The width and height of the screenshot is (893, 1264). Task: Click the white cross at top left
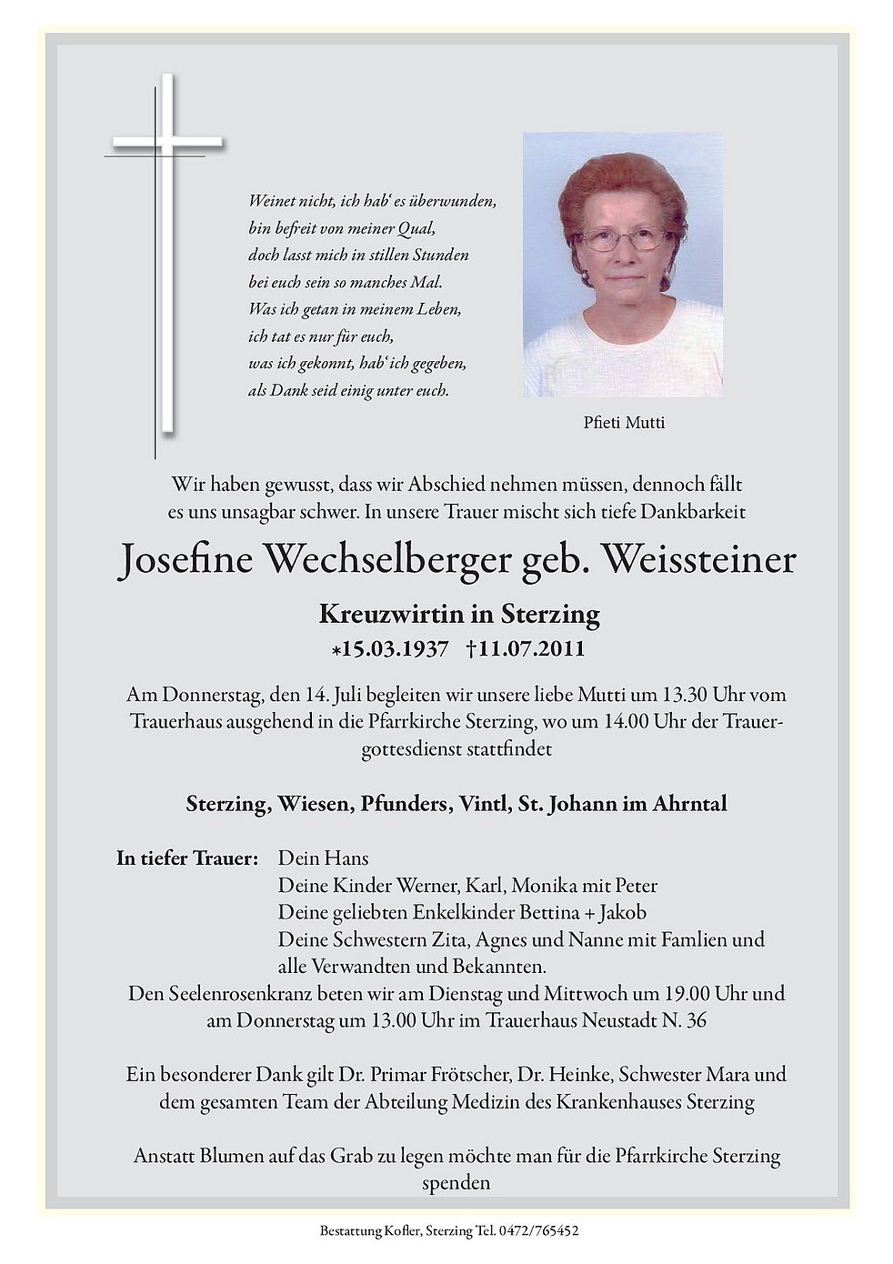[167, 144]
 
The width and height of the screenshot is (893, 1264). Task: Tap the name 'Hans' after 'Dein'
[350, 858]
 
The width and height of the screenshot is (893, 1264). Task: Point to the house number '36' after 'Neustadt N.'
[696, 1020]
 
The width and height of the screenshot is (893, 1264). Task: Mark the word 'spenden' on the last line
[457, 1184]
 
